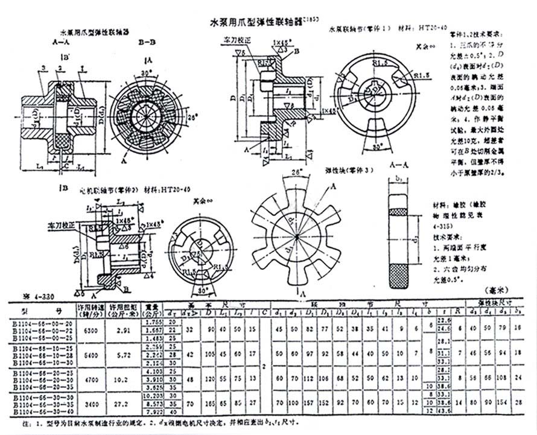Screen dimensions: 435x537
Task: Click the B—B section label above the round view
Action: pos(147,43)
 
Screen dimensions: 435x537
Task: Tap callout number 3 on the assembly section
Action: pos(44,67)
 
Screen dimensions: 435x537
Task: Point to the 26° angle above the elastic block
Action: pos(295,172)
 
